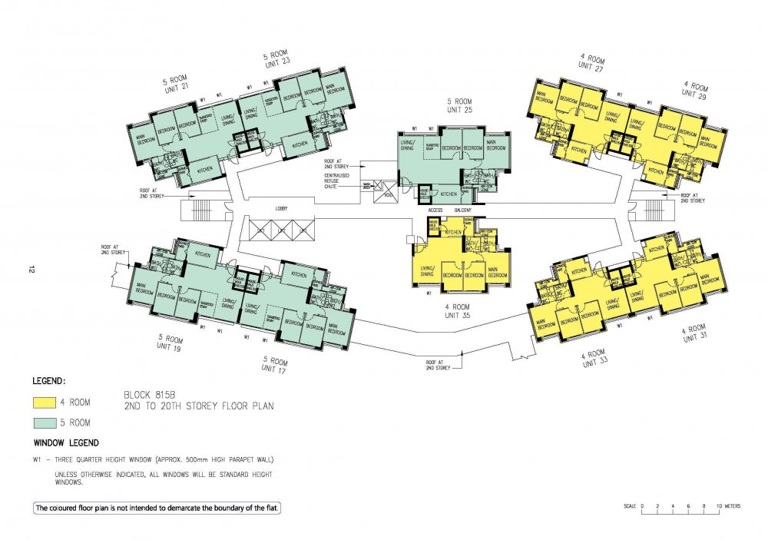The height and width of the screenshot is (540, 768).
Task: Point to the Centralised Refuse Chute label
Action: coord(338,181)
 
